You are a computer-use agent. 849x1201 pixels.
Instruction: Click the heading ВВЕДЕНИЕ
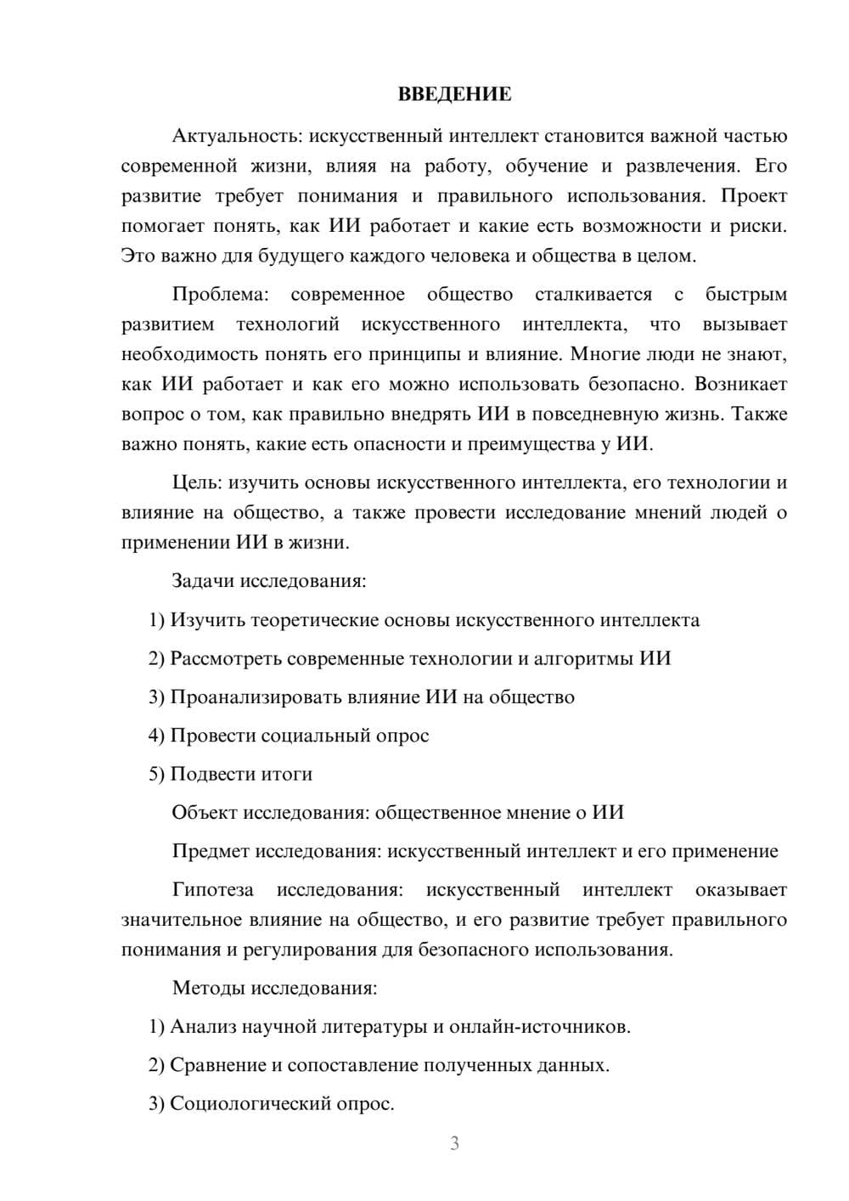[x=454, y=94]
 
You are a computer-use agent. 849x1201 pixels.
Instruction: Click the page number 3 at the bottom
[x=454, y=1143]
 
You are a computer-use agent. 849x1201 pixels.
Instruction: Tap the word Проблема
[x=219, y=295]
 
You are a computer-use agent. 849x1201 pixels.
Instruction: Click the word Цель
[x=196, y=483]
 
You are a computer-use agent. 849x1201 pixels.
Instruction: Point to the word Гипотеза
[x=212, y=890]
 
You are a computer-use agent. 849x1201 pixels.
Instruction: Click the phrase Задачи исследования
[x=268, y=582]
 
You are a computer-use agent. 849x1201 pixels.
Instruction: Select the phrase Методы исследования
[x=274, y=988]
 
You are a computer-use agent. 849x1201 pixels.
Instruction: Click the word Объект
[x=205, y=813]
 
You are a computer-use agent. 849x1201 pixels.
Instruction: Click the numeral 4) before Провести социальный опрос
[x=156, y=736]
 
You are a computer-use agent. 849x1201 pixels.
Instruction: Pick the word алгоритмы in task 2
[x=591, y=658]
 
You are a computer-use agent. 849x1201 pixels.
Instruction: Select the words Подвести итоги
[x=241, y=774]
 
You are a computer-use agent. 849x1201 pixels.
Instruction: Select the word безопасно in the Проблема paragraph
[x=634, y=384]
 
